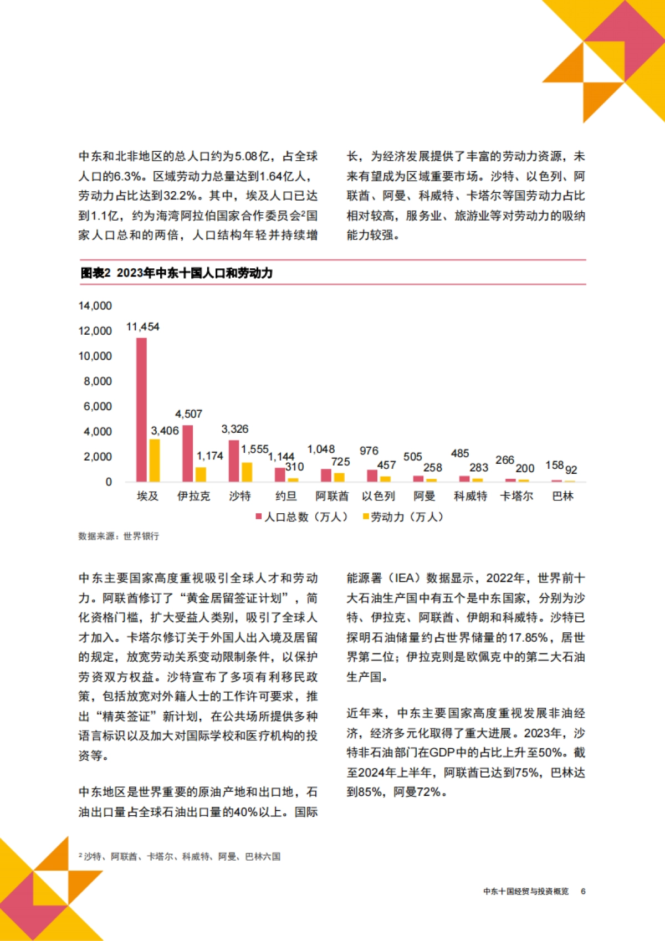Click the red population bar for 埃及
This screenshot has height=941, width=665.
[141, 410]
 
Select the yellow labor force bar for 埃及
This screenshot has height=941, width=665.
[155, 461]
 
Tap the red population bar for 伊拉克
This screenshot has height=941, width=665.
[188, 453]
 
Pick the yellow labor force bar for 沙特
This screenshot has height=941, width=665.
[247, 472]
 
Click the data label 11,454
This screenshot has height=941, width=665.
[142, 327]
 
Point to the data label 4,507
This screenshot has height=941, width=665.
[188, 414]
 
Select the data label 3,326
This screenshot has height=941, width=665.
[235, 429]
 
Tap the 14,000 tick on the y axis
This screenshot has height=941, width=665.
[95, 306]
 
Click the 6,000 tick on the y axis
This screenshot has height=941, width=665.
[98, 406]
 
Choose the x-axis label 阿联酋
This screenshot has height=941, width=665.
[332, 496]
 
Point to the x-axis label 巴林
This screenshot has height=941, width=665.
[562, 496]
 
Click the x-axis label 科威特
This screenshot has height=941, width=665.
[470, 496]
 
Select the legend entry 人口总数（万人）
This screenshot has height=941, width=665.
[302, 517]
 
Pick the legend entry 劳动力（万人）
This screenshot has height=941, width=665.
[403, 517]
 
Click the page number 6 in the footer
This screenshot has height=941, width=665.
[583, 891]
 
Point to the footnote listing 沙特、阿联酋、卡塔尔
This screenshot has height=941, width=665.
[180, 857]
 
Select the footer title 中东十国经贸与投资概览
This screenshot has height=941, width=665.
[526, 891]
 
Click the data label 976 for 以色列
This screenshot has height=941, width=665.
[369, 451]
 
